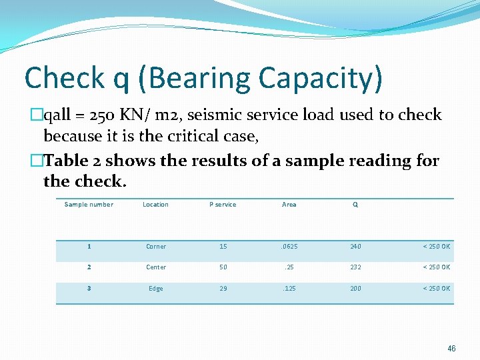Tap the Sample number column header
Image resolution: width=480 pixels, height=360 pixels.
coord(89,205)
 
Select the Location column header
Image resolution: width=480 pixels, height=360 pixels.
coord(155,205)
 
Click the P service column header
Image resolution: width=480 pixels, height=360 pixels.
coord(223,205)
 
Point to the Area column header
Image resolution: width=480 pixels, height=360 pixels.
coord(289,205)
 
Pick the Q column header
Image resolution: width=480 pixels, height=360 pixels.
coord(355,205)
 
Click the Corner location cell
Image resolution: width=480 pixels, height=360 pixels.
coord(156,247)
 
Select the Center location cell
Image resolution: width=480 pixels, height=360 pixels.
coord(156,267)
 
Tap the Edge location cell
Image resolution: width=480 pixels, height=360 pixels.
coord(156,289)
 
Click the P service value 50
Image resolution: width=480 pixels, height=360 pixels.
coord(223,267)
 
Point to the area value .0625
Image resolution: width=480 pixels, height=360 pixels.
coord(289,247)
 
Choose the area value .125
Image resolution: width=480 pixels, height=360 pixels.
coord(289,289)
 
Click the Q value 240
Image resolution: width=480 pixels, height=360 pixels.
coord(355,247)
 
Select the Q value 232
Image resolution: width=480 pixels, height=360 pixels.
coord(355,267)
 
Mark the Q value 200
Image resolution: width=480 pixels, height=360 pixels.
coord(355,289)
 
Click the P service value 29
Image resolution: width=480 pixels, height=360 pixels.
coord(223,289)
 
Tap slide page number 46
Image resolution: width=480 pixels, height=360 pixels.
coord(452,349)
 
